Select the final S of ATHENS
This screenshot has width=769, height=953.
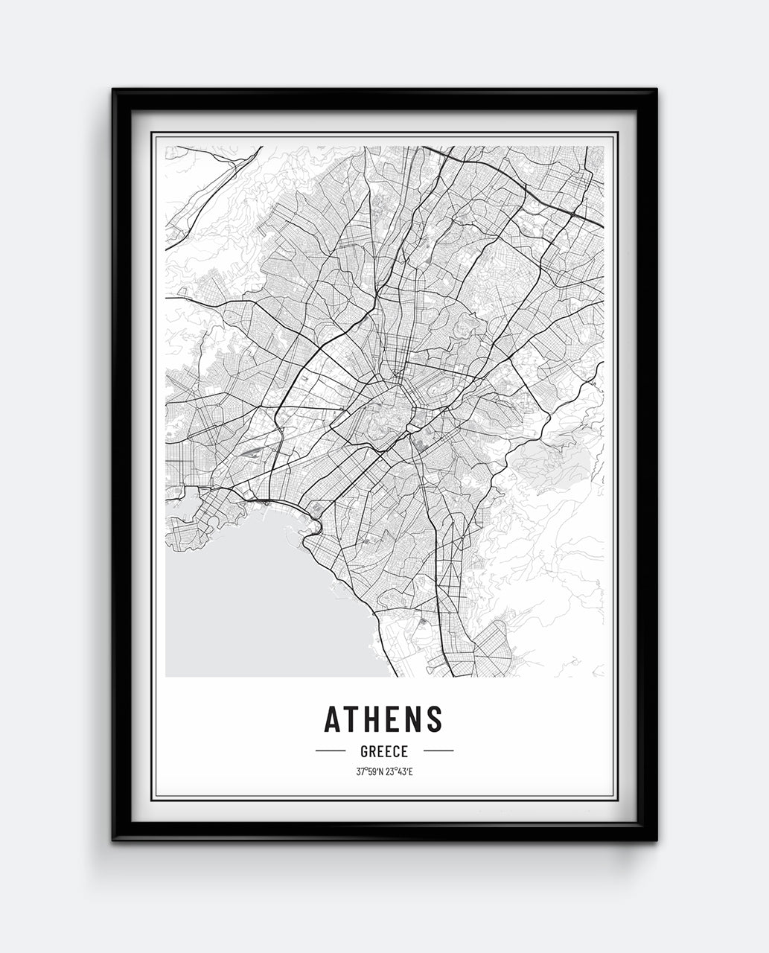tap(435, 719)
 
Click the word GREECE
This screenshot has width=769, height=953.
tap(384, 751)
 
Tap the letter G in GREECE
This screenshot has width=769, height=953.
tap(364, 751)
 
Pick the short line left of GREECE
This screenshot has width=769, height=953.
tap(330, 750)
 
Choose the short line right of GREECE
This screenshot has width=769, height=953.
tap(438, 750)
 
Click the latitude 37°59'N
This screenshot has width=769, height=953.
tap(370, 771)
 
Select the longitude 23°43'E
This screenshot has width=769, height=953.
tap(399, 771)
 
